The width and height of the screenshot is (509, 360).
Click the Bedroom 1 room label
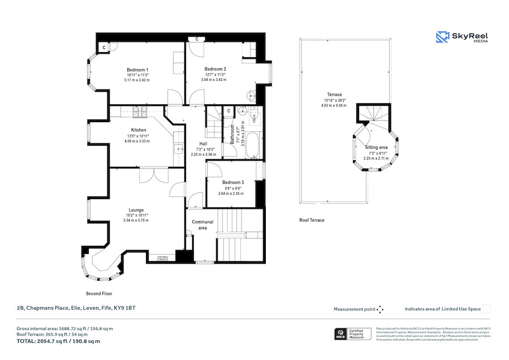pyautogui.click(x=137, y=70)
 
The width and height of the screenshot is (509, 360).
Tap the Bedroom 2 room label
pyautogui.click(x=215, y=69)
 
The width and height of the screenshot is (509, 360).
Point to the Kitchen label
pyautogui.click(x=139, y=130)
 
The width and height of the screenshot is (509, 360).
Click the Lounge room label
pyautogui.click(x=136, y=209)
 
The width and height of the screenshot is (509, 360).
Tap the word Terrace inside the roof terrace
pyautogui.click(x=334, y=95)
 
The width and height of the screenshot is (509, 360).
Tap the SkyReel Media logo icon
pyautogui.click(x=442, y=37)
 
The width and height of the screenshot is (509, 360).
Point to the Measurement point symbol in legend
pyautogui.click(x=380, y=309)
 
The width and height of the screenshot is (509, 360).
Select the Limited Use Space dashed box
pyautogui.click(x=486, y=309)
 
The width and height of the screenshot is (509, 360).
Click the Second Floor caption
pyautogui.click(x=99, y=294)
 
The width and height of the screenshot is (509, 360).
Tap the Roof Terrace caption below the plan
pyautogui.click(x=312, y=220)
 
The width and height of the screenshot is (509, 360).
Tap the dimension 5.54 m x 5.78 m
pyautogui.click(x=136, y=220)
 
